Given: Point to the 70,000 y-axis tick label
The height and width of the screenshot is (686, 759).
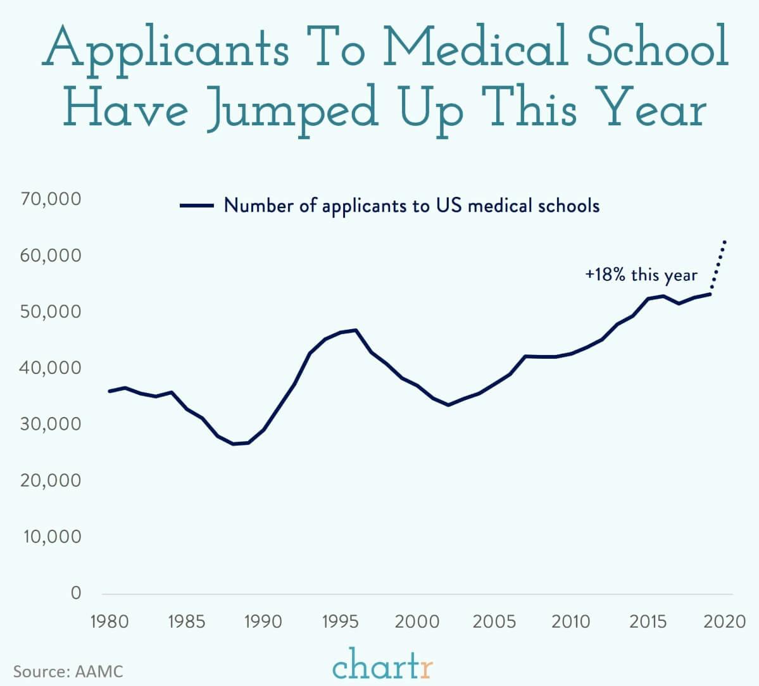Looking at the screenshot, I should [x=51, y=199].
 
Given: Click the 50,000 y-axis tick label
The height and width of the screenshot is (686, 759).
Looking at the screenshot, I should [x=51, y=312].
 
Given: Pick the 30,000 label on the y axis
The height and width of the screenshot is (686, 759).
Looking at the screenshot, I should [x=51, y=424].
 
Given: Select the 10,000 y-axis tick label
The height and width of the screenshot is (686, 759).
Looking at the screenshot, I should [x=51, y=537].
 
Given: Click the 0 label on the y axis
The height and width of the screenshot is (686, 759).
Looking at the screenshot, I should [x=76, y=593].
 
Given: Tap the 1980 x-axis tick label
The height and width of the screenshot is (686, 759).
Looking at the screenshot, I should [x=110, y=621].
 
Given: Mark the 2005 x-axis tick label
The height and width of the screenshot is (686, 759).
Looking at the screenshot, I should [x=494, y=621].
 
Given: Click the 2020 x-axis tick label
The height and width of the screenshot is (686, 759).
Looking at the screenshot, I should [x=725, y=621].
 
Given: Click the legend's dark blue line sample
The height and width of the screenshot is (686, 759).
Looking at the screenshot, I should [x=196, y=206].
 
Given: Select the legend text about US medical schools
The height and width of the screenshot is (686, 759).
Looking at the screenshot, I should [x=411, y=206].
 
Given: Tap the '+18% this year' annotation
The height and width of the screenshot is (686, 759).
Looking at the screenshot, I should [x=641, y=275].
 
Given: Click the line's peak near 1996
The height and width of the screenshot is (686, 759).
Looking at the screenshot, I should [x=356, y=330].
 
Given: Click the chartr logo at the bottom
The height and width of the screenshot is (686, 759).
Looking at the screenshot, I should [x=383, y=666].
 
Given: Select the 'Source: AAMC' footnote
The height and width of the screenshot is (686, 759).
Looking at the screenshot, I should [x=68, y=671].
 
